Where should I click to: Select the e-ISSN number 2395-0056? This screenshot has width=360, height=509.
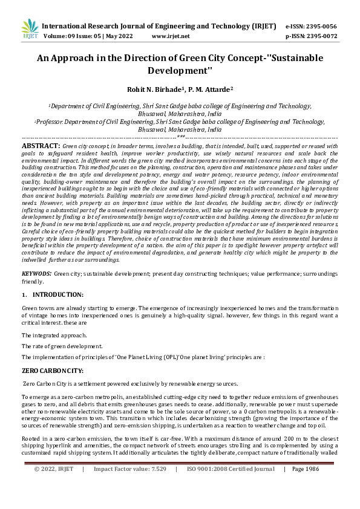pos(320,26)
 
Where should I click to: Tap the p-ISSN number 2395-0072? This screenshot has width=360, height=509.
pos(320,36)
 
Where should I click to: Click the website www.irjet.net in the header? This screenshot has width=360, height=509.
pos(171,36)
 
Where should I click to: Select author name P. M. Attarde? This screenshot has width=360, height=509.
pos(211,89)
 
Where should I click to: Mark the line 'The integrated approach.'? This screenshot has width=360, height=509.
pos(51,335)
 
